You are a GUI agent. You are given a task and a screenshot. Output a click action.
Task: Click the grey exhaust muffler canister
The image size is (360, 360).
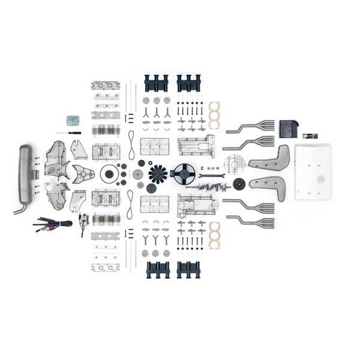click(x=25, y=174)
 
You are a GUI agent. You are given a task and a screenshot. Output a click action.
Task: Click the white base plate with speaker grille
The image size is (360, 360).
click(x=313, y=172)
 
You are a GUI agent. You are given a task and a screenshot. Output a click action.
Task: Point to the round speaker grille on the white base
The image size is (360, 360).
click(x=320, y=179)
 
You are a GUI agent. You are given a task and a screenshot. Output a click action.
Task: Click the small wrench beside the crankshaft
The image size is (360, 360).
click(x=214, y=176)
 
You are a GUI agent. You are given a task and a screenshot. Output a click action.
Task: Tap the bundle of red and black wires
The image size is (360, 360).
click(x=54, y=223)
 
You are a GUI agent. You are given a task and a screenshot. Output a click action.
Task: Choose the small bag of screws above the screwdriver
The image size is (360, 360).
click(x=73, y=120)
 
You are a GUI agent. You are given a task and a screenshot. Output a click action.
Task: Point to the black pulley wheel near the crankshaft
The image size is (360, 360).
click(x=239, y=184)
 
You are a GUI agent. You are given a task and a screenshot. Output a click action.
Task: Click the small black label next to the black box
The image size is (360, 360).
click(x=310, y=136)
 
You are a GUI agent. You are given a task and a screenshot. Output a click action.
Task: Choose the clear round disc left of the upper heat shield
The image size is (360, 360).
click(x=234, y=164)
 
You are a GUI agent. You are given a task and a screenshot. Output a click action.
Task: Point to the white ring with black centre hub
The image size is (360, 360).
click(x=109, y=174)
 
